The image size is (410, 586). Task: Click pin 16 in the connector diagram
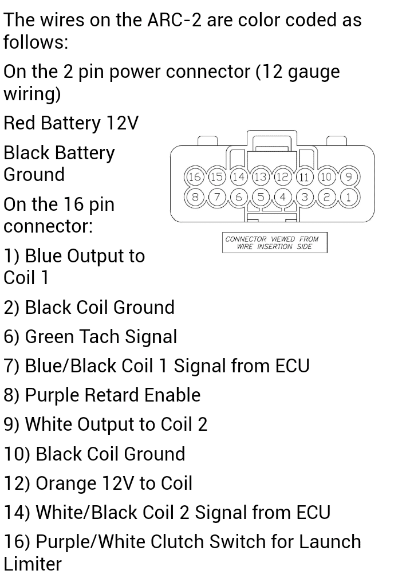pyautogui.click(x=194, y=177)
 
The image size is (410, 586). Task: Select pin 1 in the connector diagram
pyautogui.click(x=349, y=196)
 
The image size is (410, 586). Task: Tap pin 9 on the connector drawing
pyautogui.click(x=349, y=177)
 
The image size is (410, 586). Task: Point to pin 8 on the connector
pyautogui.click(x=194, y=196)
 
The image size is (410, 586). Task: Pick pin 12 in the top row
pyautogui.click(x=282, y=177)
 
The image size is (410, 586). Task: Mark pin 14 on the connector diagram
pyautogui.click(x=238, y=177)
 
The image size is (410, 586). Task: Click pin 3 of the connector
pyautogui.click(x=305, y=196)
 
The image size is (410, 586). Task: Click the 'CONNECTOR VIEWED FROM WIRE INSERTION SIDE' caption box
pyautogui.click(x=275, y=242)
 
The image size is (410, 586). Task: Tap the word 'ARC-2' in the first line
pyautogui.click(x=174, y=20)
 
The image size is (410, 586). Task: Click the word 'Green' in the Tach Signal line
pyautogui.click(x=49, y=336)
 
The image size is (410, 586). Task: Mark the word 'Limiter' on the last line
pyautogui.click(x=33, y=564)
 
